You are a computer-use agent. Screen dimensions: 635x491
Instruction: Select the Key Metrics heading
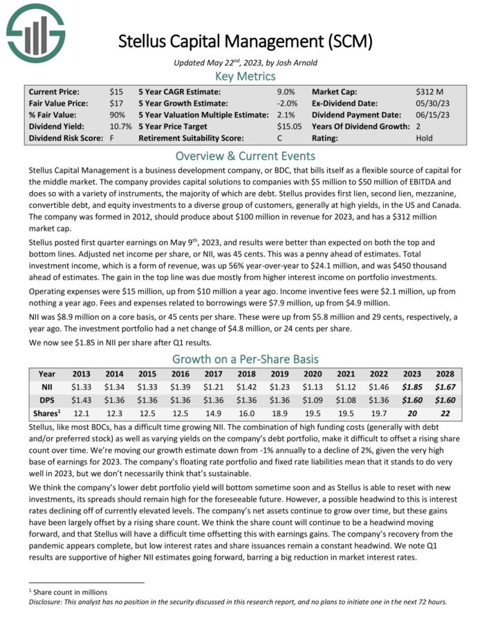point(245,76)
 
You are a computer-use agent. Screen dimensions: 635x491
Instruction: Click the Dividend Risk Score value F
point(112,138)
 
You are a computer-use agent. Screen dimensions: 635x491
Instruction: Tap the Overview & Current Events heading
point(245,155)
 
